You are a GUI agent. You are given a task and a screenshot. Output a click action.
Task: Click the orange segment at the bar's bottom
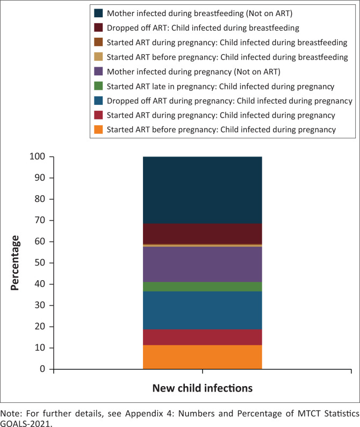click(202, 357)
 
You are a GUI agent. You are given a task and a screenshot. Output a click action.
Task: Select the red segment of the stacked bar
click(202, 337)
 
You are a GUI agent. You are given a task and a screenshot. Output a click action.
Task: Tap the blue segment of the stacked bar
click(202, 310)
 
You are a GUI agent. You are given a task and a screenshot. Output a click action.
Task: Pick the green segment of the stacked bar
click(202, 287)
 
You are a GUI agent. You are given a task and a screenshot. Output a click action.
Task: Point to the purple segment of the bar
click(202, 264)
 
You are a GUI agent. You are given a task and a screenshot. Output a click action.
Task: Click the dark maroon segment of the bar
click(202, 234)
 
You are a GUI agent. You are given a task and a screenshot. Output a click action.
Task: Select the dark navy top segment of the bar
click(202, 190)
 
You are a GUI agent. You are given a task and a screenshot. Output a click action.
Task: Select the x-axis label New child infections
click(202, 388)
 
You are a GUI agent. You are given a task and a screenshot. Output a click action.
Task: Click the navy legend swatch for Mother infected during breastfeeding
click(98, 13)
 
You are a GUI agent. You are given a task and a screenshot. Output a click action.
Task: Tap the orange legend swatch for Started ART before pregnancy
click(98, 129)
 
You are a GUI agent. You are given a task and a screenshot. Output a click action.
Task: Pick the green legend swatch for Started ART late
click(98, 86)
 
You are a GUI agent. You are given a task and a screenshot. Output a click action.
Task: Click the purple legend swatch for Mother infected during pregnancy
click(98, 71)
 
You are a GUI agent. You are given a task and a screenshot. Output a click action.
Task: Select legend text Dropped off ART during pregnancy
click(229, 100)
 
